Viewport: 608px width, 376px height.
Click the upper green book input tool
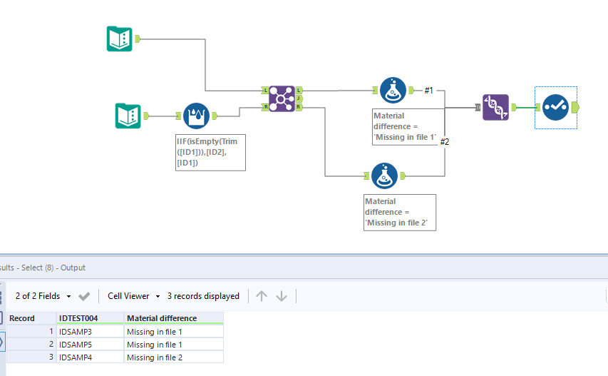point(120,39)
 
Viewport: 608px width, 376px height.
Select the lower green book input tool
point(128,116)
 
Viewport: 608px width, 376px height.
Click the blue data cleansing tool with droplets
point(196,116)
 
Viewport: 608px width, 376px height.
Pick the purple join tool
point(282,98)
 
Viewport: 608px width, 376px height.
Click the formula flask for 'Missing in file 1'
point(393,91)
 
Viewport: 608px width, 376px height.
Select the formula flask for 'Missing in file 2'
point(384,176)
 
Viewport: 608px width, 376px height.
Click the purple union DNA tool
point(495,107)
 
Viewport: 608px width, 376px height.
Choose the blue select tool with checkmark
point(556,107)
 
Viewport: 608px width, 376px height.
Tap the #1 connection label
point(428,91)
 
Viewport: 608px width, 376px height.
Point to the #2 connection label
point(444,142)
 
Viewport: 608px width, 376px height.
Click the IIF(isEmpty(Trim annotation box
point(210,153)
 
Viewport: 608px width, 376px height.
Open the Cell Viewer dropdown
point(134,296)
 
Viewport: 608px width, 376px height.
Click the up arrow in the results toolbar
point(262,296)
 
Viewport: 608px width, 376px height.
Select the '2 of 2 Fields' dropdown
point(43,296)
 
